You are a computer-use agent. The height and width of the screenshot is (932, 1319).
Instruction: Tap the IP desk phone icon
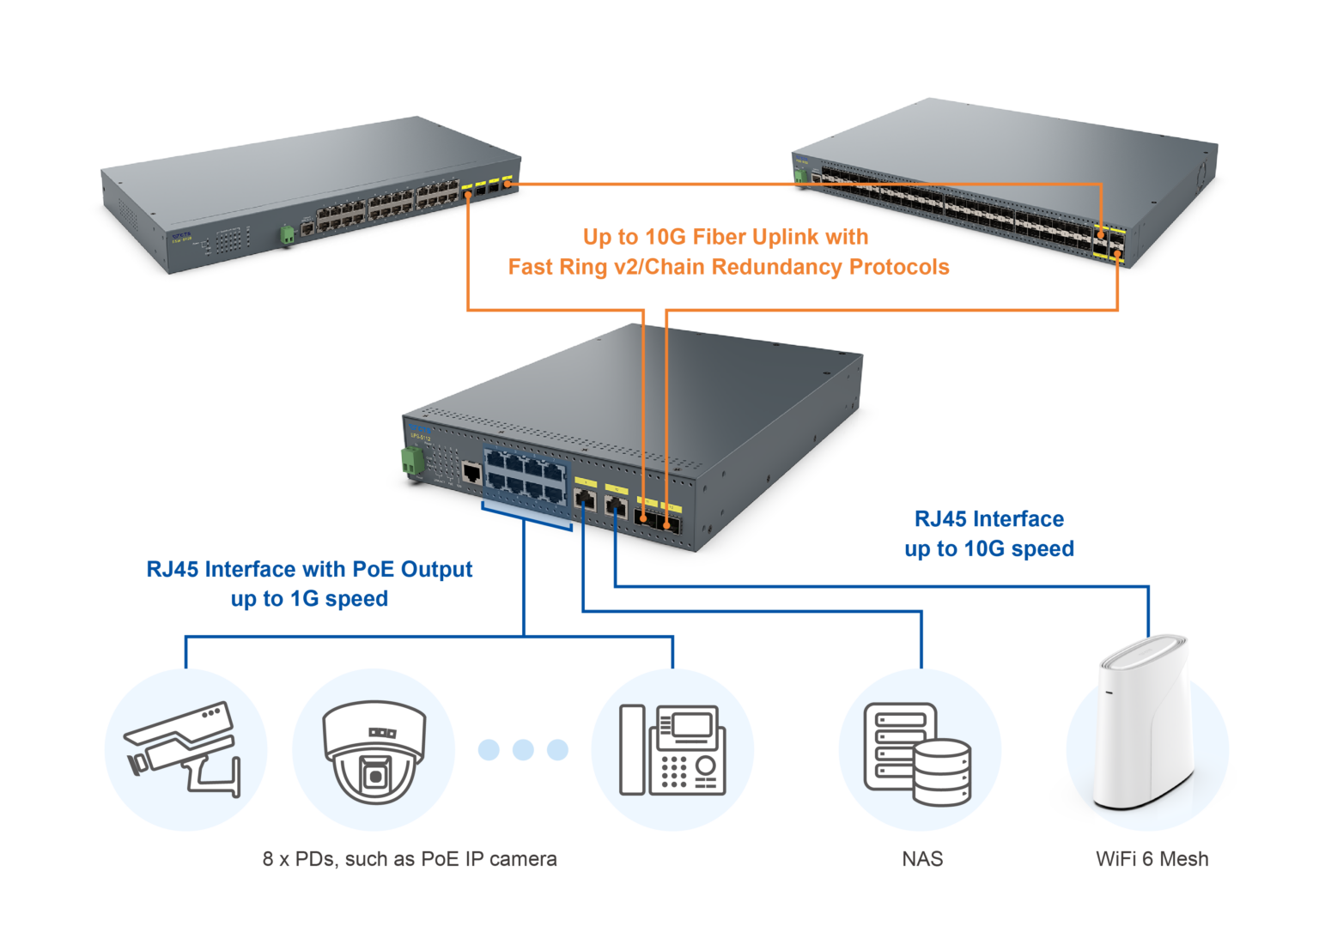pyautogui.click(x=672, y=749)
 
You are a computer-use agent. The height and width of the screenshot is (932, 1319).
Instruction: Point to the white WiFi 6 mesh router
pyautogui.click(x=1146, y=734)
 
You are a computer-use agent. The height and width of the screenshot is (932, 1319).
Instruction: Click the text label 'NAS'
pyautogui.click(x=922, y=859)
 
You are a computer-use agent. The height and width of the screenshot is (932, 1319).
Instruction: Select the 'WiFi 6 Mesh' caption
pyautogui.click(x=1152, y=859)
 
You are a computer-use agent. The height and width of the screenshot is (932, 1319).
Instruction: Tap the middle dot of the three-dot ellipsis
pyautogui.click(x=523, y=749)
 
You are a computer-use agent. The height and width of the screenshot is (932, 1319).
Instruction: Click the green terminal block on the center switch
pyautogui.click(x=412, y=462)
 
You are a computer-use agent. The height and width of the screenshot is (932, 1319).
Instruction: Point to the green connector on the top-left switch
pyautogui.click(x=287, y=233)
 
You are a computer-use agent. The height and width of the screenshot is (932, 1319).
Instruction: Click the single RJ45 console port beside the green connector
pyautogui.click(x=471, y=472)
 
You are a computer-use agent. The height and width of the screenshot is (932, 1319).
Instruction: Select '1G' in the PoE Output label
pyautogui.click(x=305, y=599)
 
